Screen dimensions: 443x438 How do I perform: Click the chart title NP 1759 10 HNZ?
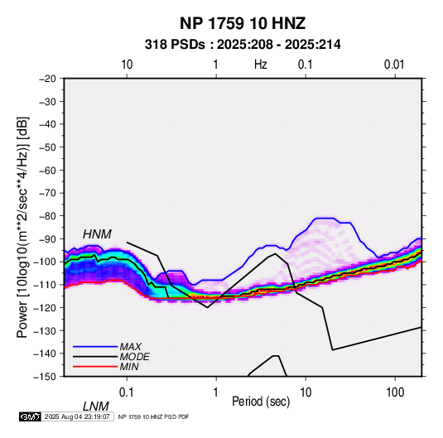[243, 23]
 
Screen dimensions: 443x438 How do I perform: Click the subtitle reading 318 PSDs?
[175, 45]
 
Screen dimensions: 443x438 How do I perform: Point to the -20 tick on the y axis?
[47, 79]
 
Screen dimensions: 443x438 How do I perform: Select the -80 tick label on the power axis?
[47, 216]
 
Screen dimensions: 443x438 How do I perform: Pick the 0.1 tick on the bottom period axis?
[127, 392]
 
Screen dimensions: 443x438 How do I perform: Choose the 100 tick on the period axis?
[395, 392]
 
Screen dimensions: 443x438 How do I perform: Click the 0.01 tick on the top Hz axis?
[394, 65]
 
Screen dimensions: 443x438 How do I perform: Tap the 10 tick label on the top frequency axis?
[127, 65]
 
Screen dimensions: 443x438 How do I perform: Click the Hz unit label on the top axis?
[261, 65]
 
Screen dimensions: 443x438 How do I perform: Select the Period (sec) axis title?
[261, 402]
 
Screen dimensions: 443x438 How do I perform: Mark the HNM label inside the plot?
[97, 234]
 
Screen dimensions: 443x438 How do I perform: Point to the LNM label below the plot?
[96, 407]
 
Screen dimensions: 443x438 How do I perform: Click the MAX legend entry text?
[131, 346]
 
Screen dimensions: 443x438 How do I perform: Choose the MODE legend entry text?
[134, 357]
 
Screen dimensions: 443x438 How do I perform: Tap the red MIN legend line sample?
[95, 367]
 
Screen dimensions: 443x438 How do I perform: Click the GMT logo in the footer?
[31, 416]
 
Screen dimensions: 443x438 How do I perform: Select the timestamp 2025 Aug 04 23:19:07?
[77, 416]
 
